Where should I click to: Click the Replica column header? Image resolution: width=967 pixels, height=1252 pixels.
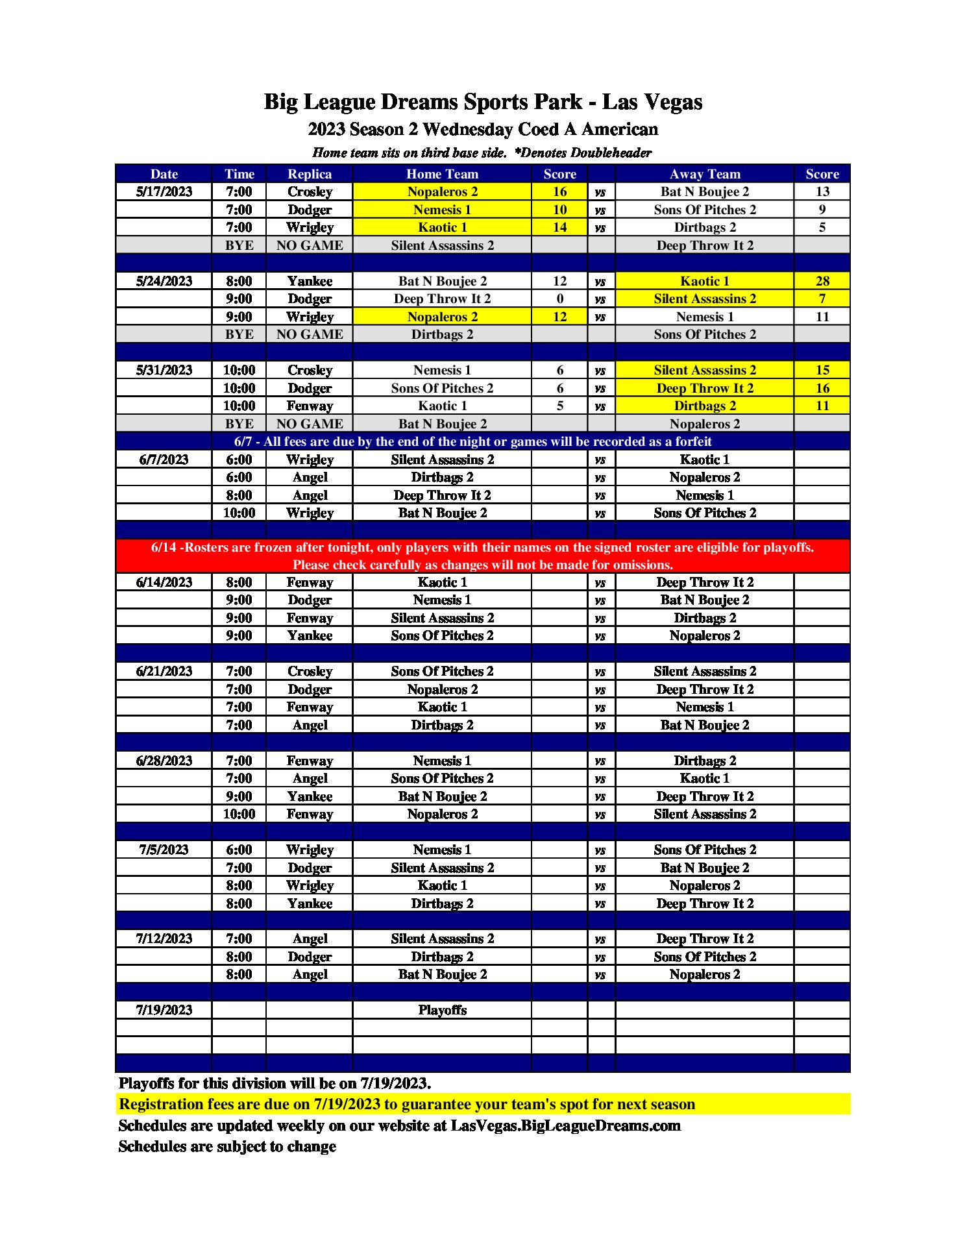pyautogui.click(x=310, y=174)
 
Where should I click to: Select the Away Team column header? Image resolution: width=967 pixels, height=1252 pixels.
pyautogui.click(x=705, y=174)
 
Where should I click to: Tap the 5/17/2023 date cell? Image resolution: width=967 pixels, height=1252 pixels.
pyautogui.click(x=164, y=191)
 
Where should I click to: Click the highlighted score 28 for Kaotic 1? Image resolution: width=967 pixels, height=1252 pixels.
pyautogui.click(x=822, y=281)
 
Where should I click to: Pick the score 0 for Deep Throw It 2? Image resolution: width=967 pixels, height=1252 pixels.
pyautogui.click(x=559, y=299)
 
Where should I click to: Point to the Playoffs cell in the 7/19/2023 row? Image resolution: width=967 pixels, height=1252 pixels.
pyautogui.click(x=442, y=1010)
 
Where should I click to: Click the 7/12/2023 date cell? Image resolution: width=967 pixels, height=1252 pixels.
pyautogui.click(x=164, y=939)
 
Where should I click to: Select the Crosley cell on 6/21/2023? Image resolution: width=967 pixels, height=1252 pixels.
pyautogui.click(x=310, y=671)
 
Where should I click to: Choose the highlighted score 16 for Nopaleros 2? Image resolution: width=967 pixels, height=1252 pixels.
pyautogui.click(x=559, y=191)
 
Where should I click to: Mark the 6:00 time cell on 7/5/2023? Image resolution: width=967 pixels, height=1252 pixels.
pyautogui.click(x=239, y=850)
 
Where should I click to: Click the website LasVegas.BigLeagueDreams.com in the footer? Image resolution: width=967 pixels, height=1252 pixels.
pyautogui.click(x=565, y=1125)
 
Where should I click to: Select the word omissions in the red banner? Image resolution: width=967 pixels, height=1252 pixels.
pyautogui.click(x=643, y=565)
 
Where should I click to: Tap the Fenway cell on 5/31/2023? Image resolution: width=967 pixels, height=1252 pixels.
pyautogui.click(x=310, y=406)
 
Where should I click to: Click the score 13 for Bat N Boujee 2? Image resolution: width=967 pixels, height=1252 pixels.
pyautogui.click(x=822, y=191)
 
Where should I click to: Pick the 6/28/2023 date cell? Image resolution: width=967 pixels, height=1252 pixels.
pyautogui.click(x=164, y=761)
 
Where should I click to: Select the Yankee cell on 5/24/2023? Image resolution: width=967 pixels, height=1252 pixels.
pyautogui.click(x=310, y=281)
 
